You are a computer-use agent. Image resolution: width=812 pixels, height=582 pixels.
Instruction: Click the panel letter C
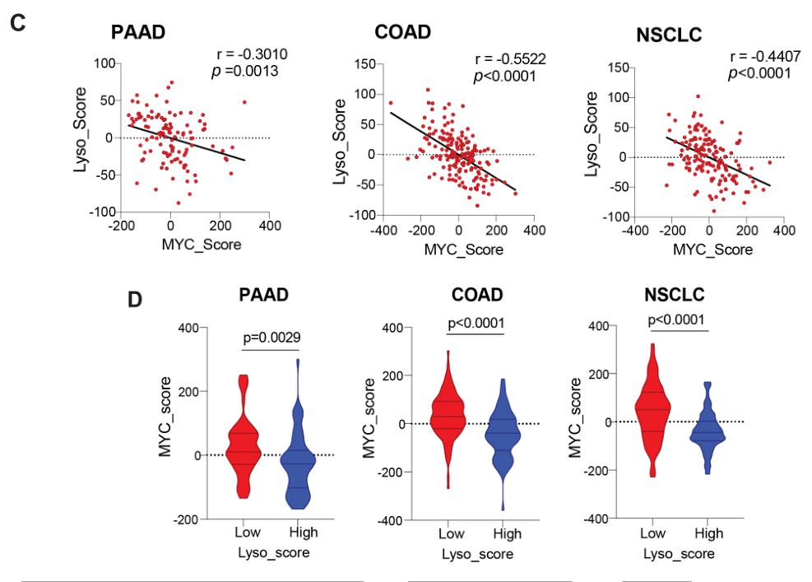19,23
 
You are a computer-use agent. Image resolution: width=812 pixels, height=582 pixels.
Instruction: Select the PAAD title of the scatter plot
138,34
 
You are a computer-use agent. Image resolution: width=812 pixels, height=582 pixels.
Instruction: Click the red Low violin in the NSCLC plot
653,412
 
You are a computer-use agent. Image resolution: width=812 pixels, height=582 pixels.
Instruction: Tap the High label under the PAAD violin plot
304,533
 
